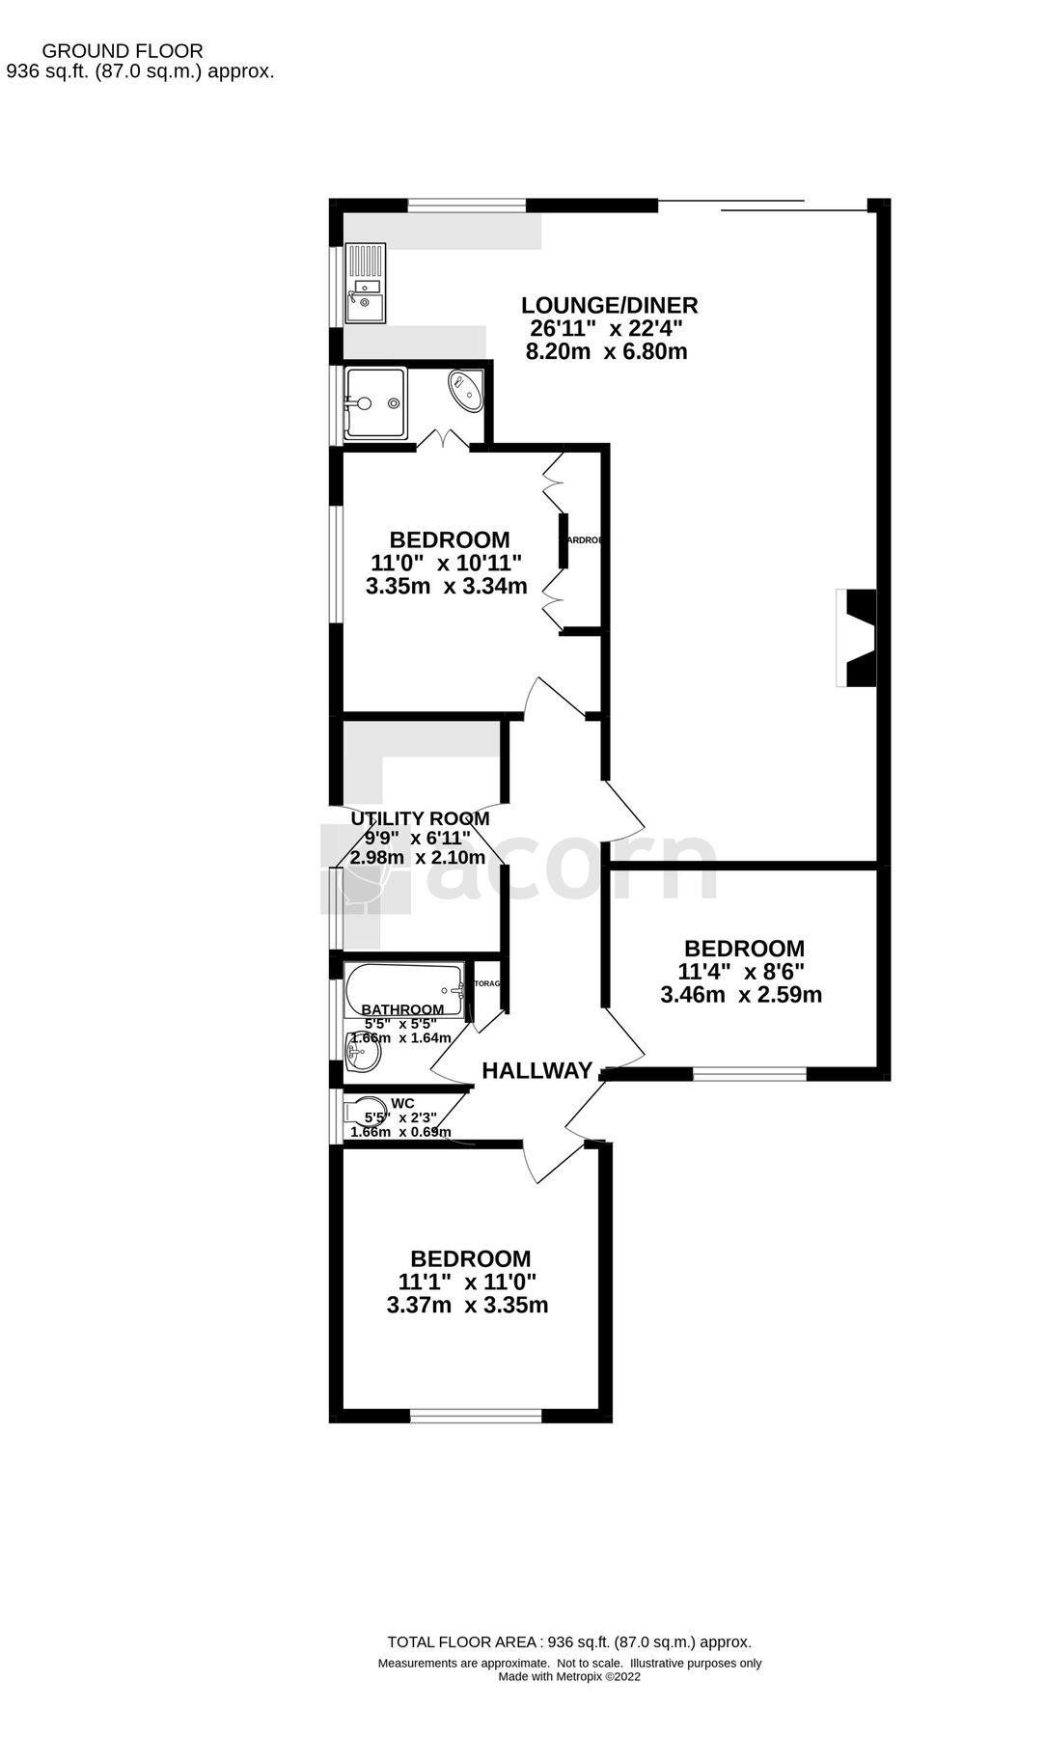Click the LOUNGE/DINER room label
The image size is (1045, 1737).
click(609, 306)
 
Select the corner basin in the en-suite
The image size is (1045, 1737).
click(467, 390)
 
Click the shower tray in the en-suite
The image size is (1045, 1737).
click(375, 403)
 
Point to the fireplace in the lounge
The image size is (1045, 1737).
click(857, 638)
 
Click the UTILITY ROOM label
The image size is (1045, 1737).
click(419, 818)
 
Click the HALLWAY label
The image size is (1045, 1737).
click(536, 1070)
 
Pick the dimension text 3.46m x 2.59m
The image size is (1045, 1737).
click(741, 995)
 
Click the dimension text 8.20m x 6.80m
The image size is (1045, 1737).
click(606, 351)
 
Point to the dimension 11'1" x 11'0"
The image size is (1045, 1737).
click(467, 1282)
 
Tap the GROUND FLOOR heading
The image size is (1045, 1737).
click(124, 51)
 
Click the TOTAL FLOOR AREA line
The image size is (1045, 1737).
click(568, 1641)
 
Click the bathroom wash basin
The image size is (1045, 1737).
click(364, 1053)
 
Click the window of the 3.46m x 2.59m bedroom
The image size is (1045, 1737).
click(749, 1074)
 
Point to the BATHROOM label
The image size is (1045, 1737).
click(403, 1009)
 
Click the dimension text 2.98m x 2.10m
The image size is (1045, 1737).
click(417, 857)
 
